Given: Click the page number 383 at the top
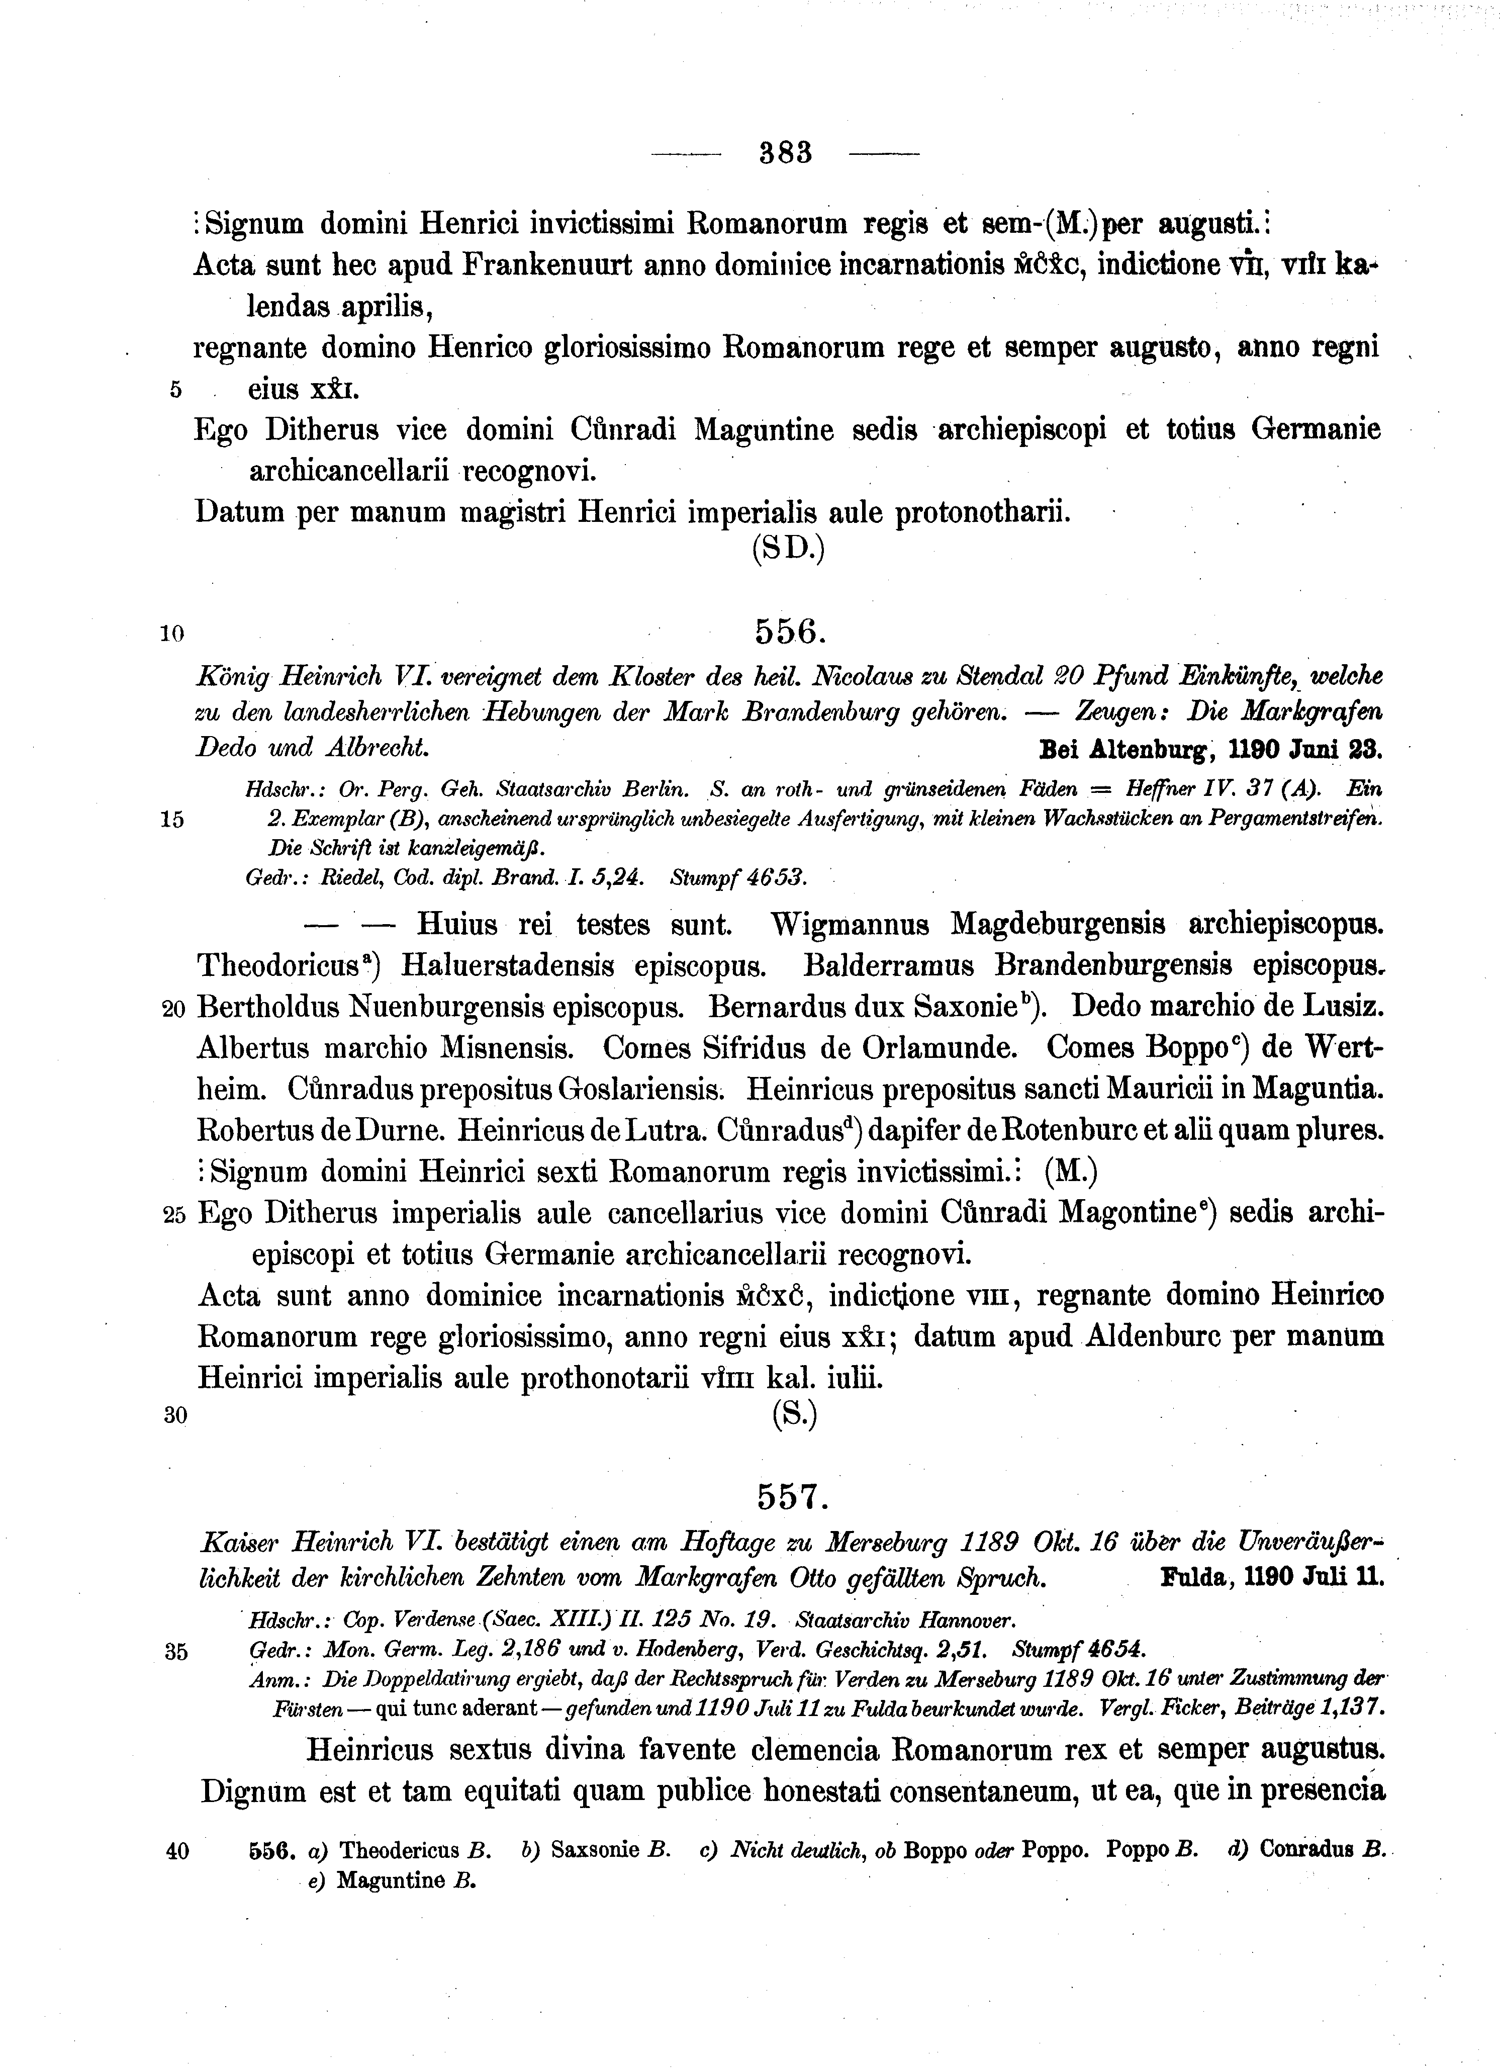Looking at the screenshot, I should coord(786,152).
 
